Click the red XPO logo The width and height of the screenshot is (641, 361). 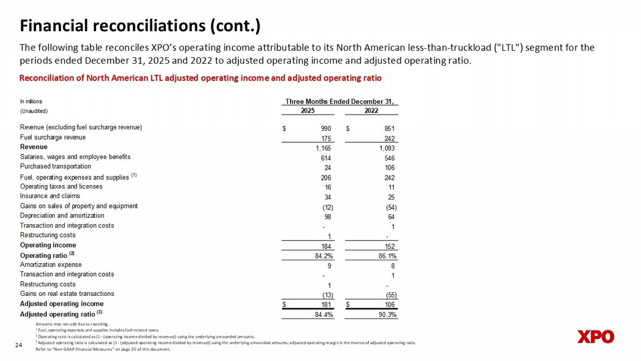click(596, 337)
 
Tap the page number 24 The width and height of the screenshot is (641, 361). click(19, 345)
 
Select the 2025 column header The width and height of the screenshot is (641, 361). click(308, 111)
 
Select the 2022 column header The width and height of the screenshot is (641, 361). click(371, 111)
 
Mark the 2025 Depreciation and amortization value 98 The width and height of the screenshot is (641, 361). click(327, 217)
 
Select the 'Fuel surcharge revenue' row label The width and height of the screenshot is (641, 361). click(53, 137)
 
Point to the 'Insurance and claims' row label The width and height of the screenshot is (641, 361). click(50, 196)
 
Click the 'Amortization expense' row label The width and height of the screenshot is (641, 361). click(51, 265)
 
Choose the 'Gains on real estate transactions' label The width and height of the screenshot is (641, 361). click(67, 294)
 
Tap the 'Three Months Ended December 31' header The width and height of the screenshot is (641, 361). click(342, 102)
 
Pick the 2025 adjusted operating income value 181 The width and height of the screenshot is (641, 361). click(325, 304)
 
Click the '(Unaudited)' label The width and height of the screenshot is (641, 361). click(34, 111)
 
